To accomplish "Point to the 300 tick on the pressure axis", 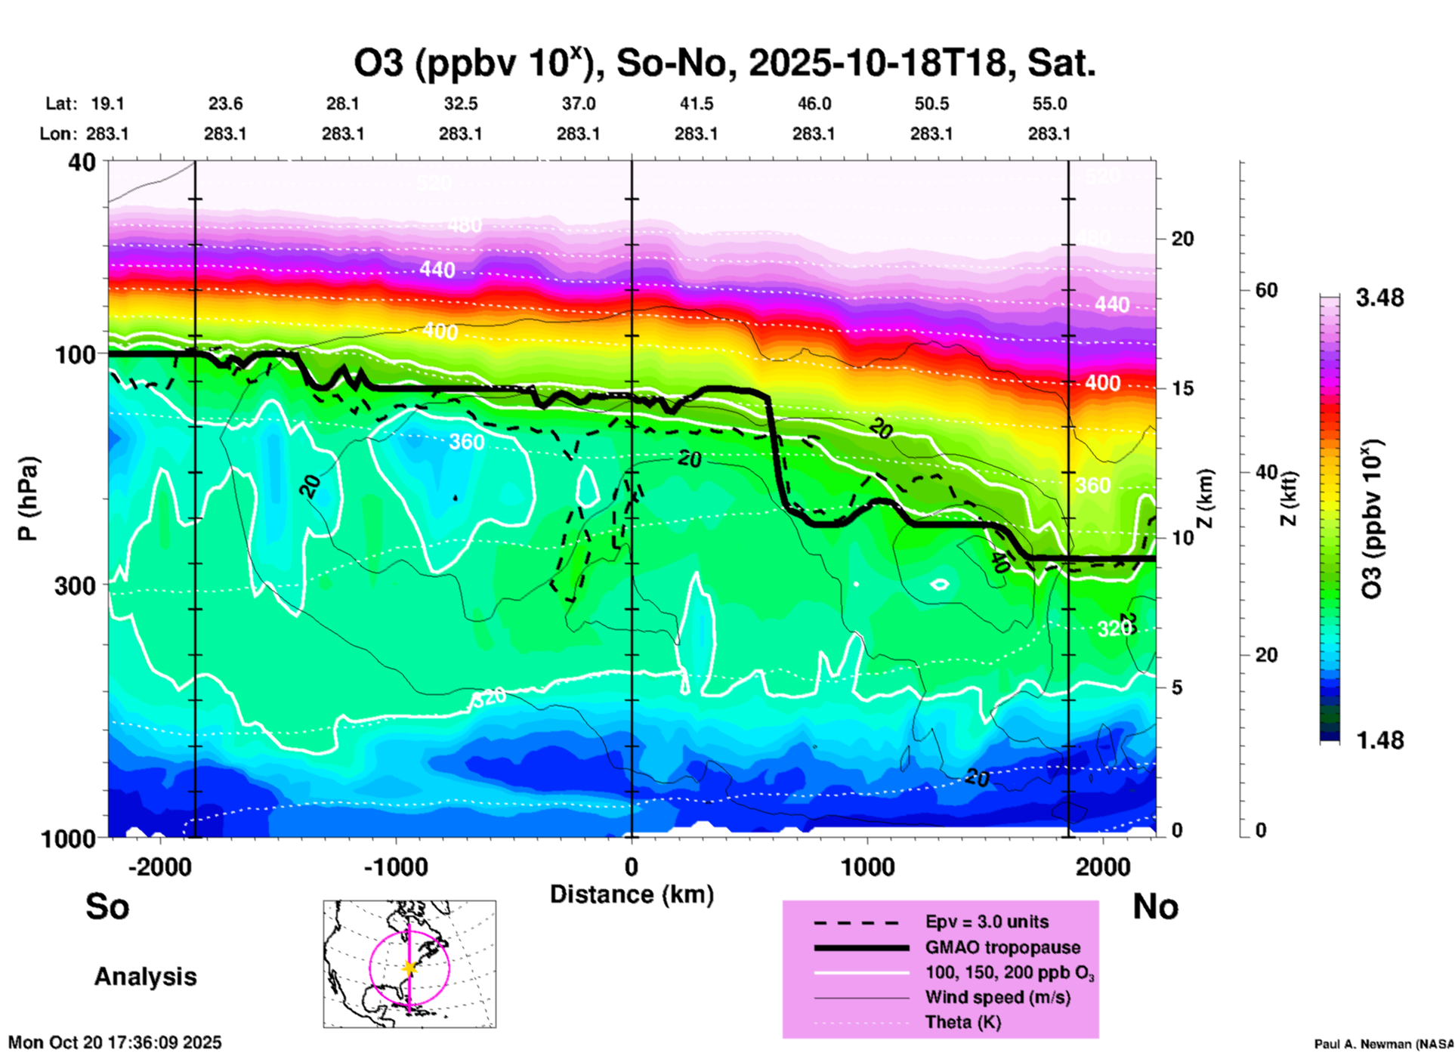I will tap(76, 585).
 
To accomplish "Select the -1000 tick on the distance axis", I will tap(395, 866).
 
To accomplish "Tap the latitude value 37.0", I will tap(578, 103).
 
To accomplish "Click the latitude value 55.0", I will tap(1049, 103).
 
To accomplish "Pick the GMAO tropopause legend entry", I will tap(1002, 947).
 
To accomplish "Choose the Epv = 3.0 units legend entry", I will tap(987, 922).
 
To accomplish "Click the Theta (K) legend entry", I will tap(962, 1022).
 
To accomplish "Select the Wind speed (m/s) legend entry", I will tap(997, 997).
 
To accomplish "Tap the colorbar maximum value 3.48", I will tap(1379, 298).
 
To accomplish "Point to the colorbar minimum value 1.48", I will tap(1379, 740).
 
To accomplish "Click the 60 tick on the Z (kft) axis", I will tap(1266, 290).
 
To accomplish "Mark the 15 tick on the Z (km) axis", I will tap(1182, 388).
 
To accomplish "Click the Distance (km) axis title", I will tap(632, 894).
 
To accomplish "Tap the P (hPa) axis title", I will tap(28, 499).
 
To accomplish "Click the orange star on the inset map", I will tap(409, 968).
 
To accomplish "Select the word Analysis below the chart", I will tap(145, 977).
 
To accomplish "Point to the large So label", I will tap(107, 906).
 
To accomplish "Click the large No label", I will tap(1155, 906).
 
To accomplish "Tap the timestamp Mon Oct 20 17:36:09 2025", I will tap(115, 1042).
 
